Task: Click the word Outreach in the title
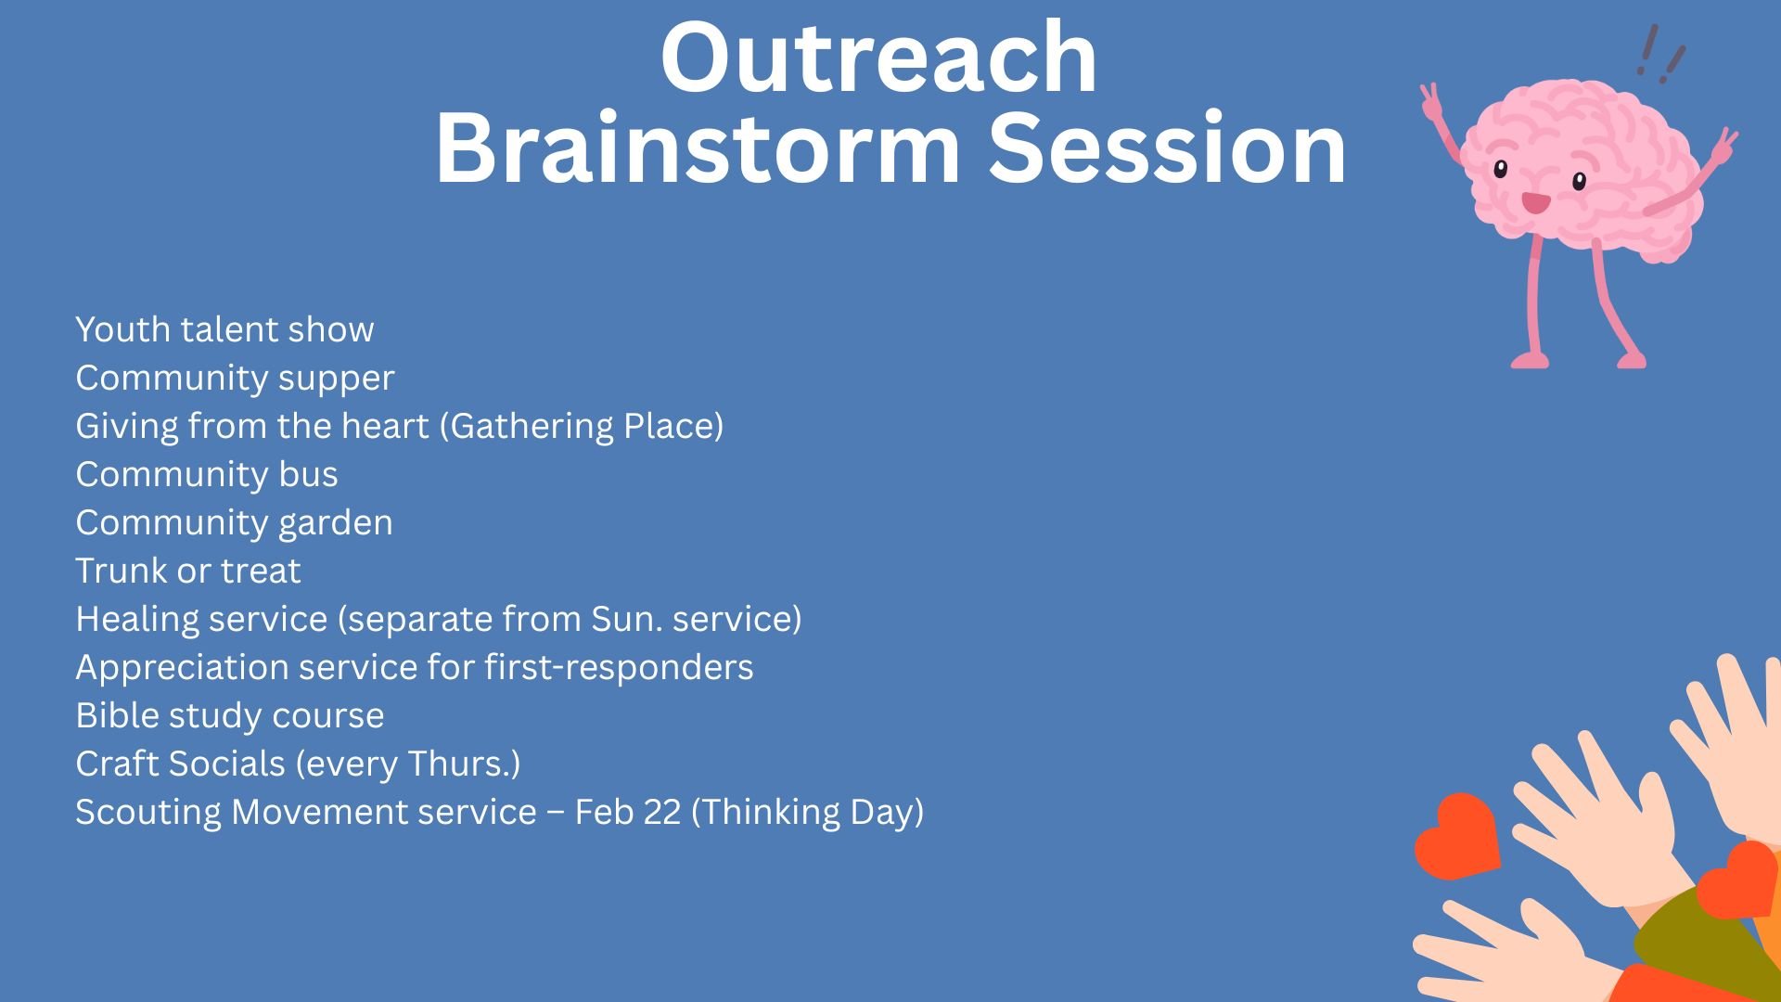click(878, 58)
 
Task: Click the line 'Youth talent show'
click(224, 329)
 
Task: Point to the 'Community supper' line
click(235, 379)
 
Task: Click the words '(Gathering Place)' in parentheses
click(581, 427)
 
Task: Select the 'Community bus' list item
click(207, 474)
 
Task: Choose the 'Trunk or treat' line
click(188, 571)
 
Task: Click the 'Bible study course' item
click(230, 716)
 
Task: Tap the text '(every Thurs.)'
click(408, 764)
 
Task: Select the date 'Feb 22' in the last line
click(628, 812)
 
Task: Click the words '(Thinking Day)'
click(808, 813)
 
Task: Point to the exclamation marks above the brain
click(1660, 54)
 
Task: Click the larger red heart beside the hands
click(1456, 837)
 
